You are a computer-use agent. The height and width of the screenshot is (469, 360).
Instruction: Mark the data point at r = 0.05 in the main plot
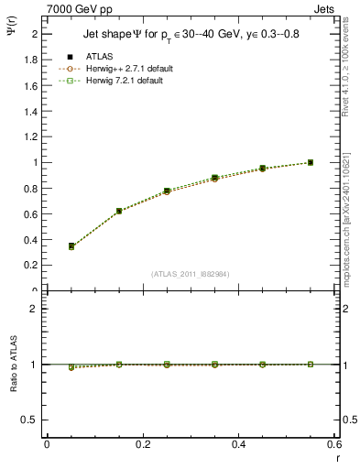coord(71,245)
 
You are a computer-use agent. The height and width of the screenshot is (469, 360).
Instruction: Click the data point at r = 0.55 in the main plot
coord(311,162)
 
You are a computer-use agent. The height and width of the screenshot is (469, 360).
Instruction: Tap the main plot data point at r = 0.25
coord(167,191)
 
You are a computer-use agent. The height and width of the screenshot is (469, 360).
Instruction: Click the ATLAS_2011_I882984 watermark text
coord(190,274)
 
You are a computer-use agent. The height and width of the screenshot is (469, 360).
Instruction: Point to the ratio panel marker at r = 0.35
coord(214,364)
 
